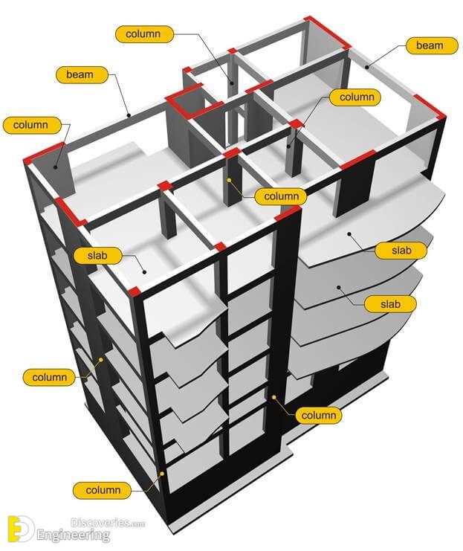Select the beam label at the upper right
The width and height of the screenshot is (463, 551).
coord(429,46)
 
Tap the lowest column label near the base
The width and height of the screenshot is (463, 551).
coord(103,490)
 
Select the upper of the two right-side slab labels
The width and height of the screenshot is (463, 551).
coord(401,250)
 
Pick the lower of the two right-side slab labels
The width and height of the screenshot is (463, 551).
coord(390,303)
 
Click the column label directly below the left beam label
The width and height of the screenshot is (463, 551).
coord(30,125)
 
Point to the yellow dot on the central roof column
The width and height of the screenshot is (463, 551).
coord(230,180)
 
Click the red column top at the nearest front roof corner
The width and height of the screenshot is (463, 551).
coord(134,289)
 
